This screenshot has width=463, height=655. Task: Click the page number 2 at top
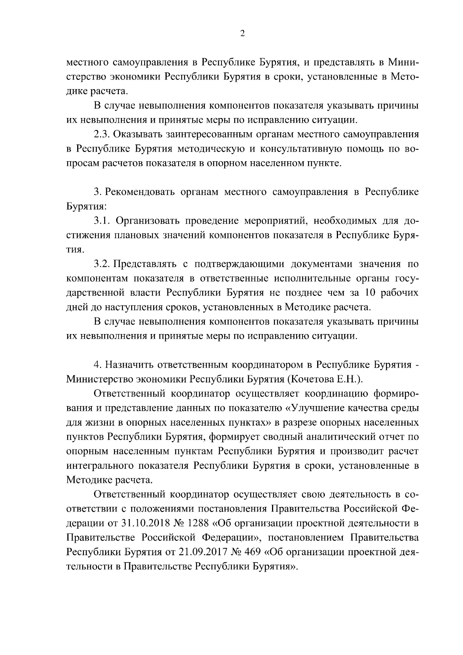click(x=242, y=34)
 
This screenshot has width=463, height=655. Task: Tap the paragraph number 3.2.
click(x=103, y=264)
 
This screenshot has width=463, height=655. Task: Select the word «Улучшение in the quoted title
click(x=312, y=408)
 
